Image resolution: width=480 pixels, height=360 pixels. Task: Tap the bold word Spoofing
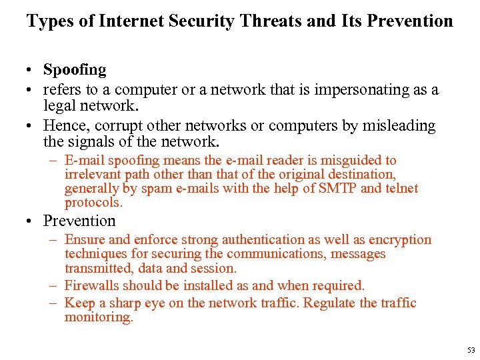(x=75, y=69)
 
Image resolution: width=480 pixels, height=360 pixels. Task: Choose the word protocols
(x=93, y=202)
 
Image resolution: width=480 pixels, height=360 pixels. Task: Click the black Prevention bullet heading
(x=79, y=221)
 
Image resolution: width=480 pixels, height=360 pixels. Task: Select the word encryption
(x=401, y=239)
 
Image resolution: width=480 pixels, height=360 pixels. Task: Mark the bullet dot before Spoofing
(x=31, y=70)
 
